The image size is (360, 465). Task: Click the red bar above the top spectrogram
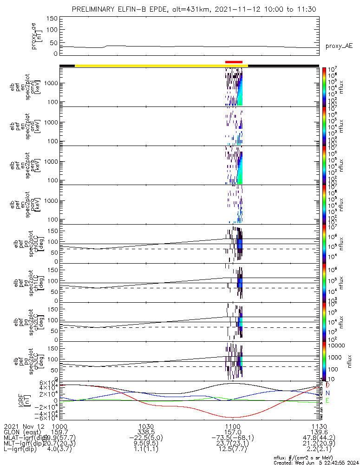point(234,61)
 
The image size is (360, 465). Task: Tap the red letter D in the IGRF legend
point(328,385)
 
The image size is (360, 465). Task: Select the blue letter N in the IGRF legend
point(328,393)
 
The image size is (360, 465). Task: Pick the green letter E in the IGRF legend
point(328,400)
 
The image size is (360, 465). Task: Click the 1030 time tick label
point(146,426)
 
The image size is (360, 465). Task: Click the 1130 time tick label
point(319,426)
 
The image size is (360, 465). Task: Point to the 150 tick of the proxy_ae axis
point(52,18)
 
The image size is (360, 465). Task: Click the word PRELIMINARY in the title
point(96,9)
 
